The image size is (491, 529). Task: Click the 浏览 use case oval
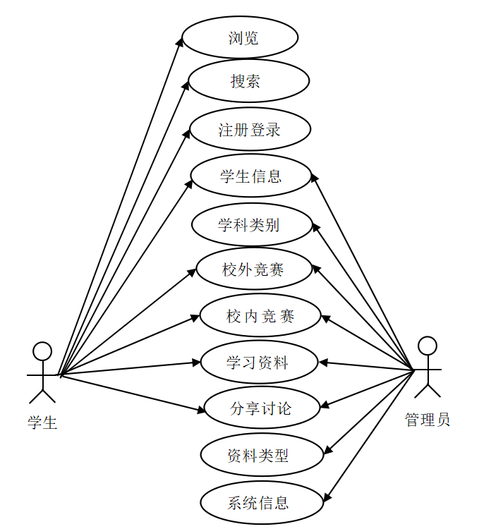click(x=240, y=37)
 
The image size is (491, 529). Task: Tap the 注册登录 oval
click(x=250, y=130)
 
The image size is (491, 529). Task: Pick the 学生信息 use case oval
click(x=251, y=176)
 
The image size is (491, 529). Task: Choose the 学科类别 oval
click(x=251, y=225)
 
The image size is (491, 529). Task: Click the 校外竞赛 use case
click(x=253, y=269)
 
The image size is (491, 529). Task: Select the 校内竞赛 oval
click(x=260, y=315)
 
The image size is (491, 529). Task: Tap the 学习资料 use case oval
click(x=260, y=363)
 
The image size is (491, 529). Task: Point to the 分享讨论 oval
click(x=262, y=408)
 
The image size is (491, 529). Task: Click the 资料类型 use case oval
click(x=262, y=456)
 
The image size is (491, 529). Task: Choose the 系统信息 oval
click(x=262, y=503)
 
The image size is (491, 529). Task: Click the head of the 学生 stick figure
click(x=42, y=351)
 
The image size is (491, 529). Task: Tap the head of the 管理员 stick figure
click(x=427, y=346)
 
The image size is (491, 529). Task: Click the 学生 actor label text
click(x=42, y=422)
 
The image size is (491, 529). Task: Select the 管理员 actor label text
click(x=428, y=420)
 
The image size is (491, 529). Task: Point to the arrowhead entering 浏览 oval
click(x=181, y=42)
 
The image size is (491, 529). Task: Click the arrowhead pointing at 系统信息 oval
click(x=327, y=497)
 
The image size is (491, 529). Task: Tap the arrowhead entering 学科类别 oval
click(x=315, y=226)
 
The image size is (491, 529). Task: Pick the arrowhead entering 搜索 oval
click(x=186, y=85)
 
